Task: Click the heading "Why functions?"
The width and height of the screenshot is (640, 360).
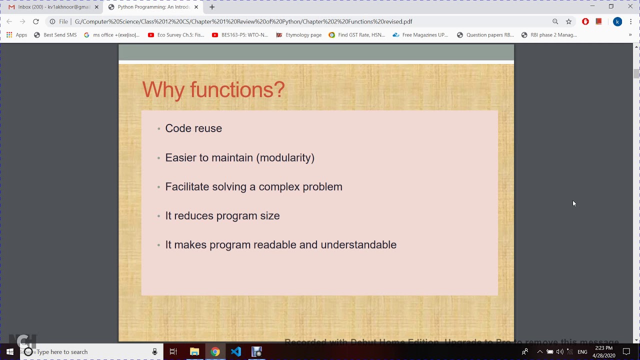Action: [x=213, y=90]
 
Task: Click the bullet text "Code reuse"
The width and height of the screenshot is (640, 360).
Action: [x=193, y=128]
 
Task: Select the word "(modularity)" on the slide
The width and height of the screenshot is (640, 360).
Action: [x=285, y=157]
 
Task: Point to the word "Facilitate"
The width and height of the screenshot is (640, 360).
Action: [x=187, y=186]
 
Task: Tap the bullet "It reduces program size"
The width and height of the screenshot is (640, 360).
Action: [x=222, y=215]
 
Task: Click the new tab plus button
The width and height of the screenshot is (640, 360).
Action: [x=212, y=7]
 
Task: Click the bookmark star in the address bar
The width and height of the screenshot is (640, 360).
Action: [x=568, y=21]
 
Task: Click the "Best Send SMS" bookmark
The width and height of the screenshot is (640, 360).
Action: [x=55, y=35]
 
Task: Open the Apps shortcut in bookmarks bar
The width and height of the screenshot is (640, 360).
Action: [x=16, y=35]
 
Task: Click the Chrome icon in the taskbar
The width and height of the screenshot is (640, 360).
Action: [x=215, y=352]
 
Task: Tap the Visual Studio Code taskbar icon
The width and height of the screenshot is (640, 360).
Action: [x=236, y=352]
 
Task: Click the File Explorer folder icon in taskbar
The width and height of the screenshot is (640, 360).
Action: [x=194, y=352]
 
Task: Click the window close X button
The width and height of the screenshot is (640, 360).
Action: [x=630, y=6]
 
